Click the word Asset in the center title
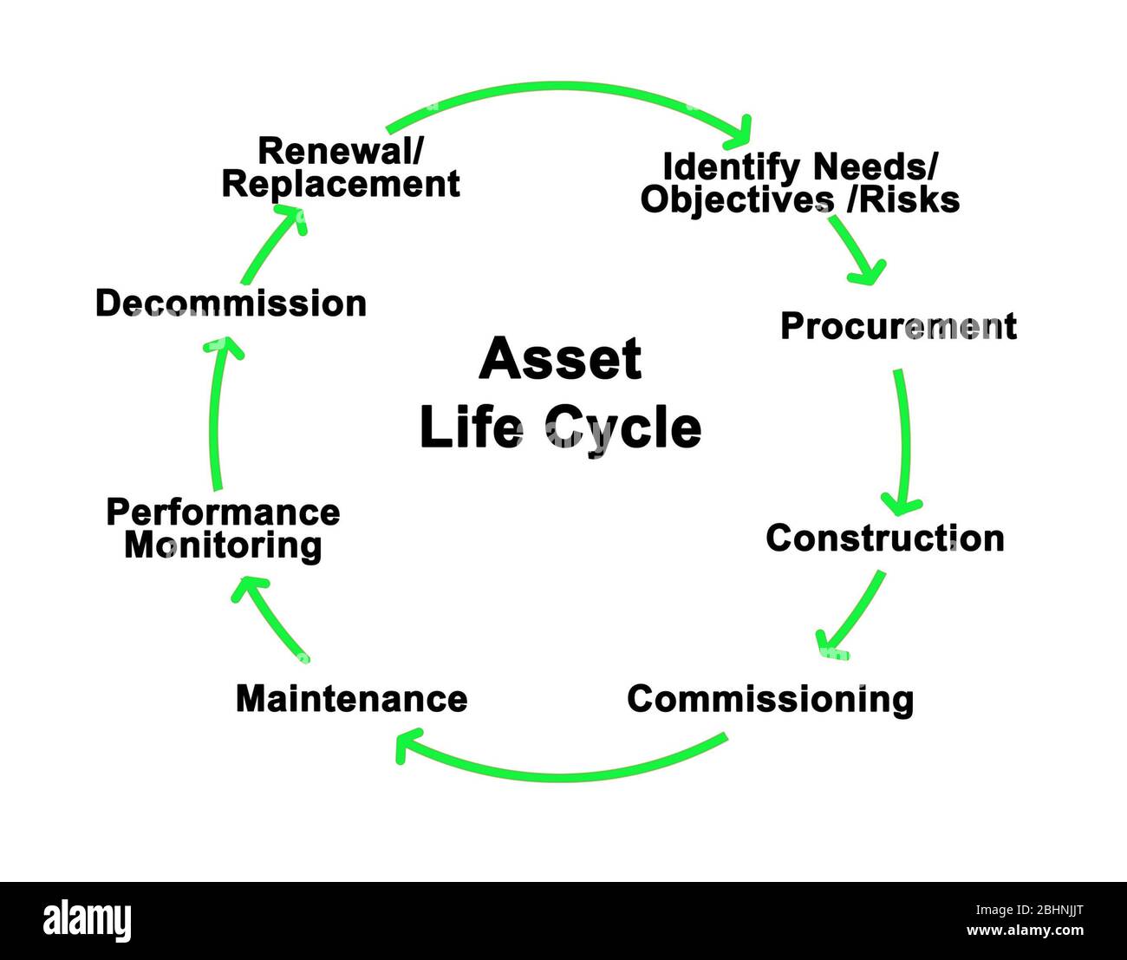560,359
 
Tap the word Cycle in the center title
622,428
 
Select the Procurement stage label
898,326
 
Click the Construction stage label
885,538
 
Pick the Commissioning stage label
770,699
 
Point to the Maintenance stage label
351,698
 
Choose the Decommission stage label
231,304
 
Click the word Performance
223,512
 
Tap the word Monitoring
223,545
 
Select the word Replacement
341,184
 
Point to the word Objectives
737,199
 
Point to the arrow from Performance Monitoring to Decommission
214,416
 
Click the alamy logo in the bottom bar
88,920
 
